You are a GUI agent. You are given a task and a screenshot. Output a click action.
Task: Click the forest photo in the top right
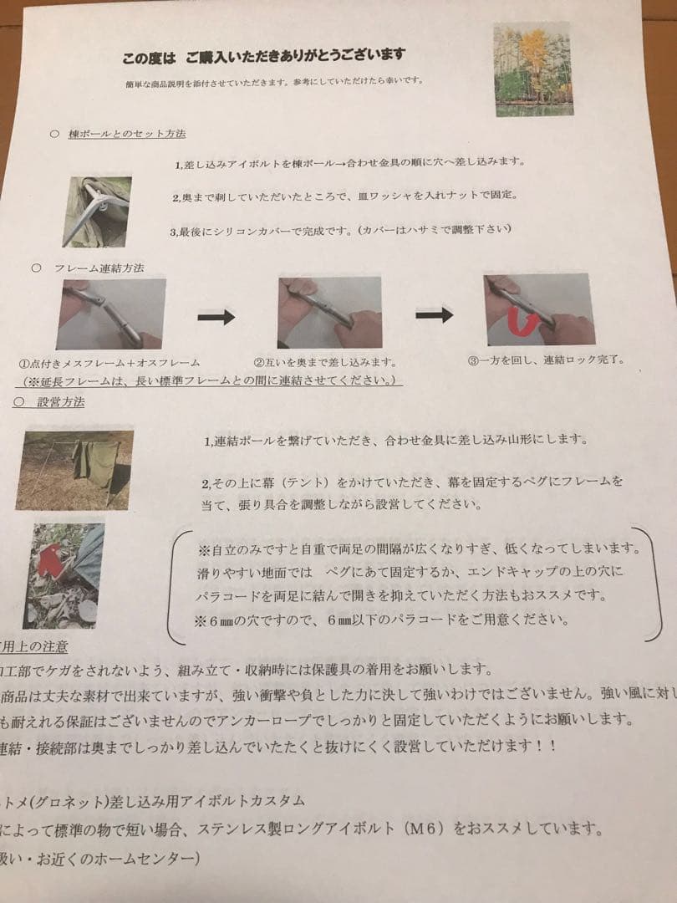pos(532,69)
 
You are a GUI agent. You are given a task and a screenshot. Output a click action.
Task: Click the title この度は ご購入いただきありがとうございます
pos(263,56)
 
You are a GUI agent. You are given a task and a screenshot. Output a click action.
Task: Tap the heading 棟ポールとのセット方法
pos(127,134)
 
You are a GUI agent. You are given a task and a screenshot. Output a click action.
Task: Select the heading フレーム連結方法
pos(99,268)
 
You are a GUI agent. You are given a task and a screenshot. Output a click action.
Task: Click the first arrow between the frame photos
pos(216,317)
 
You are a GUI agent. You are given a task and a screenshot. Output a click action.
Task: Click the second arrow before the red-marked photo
pos(434,314)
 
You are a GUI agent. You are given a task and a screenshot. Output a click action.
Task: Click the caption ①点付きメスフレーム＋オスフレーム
pos(110,364)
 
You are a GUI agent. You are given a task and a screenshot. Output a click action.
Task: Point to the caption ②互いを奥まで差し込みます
pos(324,363)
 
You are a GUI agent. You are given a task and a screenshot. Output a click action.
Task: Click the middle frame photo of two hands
pos(329,312)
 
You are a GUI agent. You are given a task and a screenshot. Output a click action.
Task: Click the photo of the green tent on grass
pos(75,469)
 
